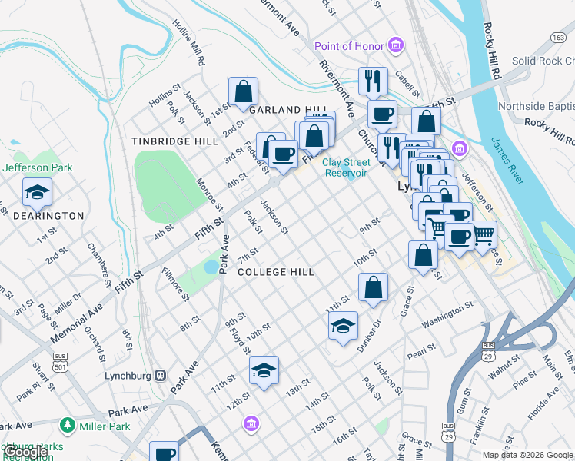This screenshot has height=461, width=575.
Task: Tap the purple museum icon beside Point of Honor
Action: [396, 46]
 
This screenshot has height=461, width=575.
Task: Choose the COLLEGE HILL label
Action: [276, 272]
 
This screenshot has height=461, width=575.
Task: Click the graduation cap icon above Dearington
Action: [37, 193]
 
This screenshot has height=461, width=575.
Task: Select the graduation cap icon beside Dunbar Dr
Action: [343, 325]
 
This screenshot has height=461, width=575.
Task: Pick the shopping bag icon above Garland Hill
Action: [243, 91]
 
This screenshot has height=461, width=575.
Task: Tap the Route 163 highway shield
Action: [558, 37]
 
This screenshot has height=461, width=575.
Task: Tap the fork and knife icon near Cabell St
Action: [373, 81]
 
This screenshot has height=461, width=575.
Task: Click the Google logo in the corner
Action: [25, 452]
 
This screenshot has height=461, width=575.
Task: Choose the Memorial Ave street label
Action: [78, 316]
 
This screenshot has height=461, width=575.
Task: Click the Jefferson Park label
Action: [36, 167]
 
